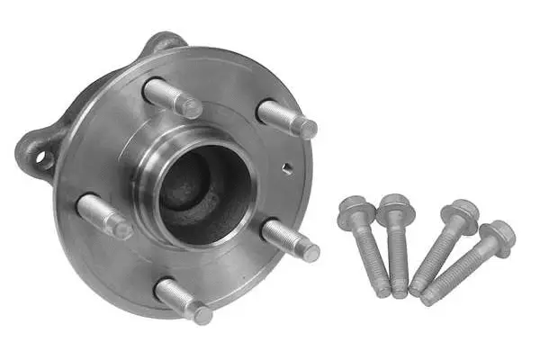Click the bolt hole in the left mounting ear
click(40, 160)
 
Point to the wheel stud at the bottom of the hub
click(183, 301)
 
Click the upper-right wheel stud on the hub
click(287, 118)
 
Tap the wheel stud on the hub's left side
click(103, 217)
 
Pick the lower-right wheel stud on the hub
click(290, 239)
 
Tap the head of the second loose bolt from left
click(395, 209)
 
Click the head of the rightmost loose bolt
click(497, 235)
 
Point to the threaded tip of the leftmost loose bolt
click(383, 291)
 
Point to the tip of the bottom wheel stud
click(203, 315)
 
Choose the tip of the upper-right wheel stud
click(307, 129)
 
